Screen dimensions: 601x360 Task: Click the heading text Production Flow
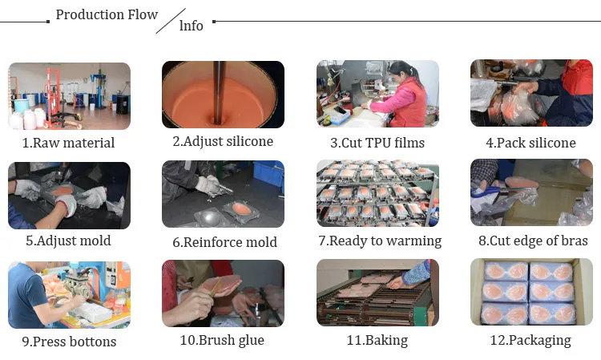107,14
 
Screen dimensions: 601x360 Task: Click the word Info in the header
192,26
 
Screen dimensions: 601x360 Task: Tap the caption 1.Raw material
68,143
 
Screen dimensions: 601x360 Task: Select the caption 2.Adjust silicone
223,141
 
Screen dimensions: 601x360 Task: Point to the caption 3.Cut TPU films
377,143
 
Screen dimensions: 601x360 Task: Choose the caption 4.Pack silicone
530,143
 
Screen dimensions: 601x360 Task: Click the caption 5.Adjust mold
68,241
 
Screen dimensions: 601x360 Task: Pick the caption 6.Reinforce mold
224,242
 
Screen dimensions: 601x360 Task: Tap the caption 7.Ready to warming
380,241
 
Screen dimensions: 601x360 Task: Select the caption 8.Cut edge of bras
533,241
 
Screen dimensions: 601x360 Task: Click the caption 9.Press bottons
69,342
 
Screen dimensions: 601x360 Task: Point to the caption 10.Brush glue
222,340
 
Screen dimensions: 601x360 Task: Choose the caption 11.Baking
377,340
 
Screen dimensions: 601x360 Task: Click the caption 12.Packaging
530,340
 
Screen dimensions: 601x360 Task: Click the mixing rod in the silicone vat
219,92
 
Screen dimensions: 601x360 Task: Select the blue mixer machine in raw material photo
99,89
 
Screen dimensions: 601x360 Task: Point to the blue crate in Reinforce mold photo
268,173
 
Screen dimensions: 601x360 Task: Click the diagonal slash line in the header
171,21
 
